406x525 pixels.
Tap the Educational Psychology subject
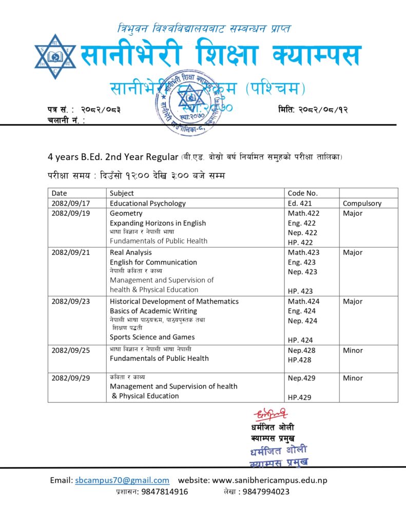click(x=148, y=203)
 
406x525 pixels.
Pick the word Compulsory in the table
click(x=362, y=203)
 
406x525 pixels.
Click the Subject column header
click(x=122, y=193)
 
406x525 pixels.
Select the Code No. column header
click(x=303, y=193)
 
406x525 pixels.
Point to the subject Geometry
click(x=126, y=213)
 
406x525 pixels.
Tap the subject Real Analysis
click(x=131, y=252)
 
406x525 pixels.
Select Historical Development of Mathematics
click(x=174, y=301)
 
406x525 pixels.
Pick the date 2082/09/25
click(x=71, y=351)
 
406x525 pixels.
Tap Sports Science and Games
click(x=152, y=337)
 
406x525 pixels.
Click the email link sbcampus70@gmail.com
click(x=122, y=480)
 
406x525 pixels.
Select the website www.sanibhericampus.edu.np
click(x=269, y=480)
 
